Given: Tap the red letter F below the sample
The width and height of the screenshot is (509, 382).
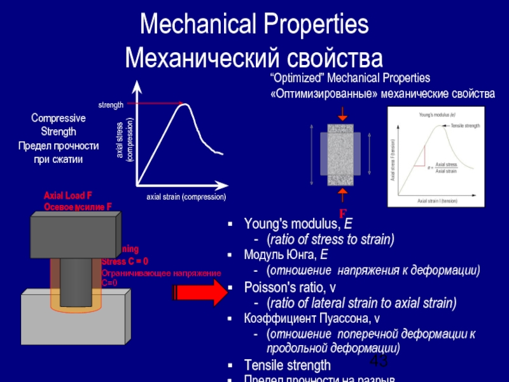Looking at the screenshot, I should pos(342,213).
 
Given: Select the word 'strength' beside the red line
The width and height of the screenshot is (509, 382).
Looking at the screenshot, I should pos(111,104).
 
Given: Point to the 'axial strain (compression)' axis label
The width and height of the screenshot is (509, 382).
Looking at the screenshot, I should pos(186,197).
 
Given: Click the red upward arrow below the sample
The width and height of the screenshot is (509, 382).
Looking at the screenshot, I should pos(343,194).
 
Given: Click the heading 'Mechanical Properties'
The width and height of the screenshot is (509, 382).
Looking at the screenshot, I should pos(254,25).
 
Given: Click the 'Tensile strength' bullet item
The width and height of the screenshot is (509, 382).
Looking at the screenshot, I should pos(288,365).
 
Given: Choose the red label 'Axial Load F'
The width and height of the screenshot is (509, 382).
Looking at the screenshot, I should pos(69,196).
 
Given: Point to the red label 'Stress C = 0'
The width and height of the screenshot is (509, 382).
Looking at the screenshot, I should pos(125,261).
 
